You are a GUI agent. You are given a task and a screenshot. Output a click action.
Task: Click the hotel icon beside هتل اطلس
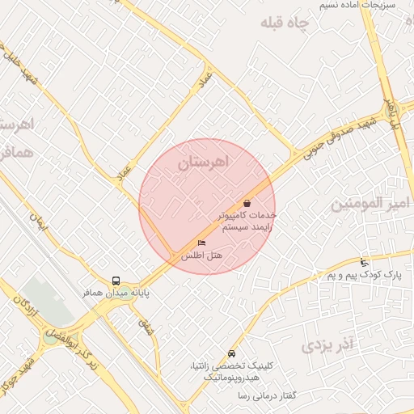[x=201, y=243]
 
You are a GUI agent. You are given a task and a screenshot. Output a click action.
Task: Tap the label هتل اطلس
[x=201, y=256]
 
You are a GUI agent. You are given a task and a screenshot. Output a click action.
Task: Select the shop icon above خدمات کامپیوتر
[x=247, y=203]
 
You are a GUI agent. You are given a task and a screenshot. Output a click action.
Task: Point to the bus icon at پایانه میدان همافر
[x=116, y=281]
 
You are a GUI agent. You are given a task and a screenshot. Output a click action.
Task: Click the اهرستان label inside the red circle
[x=203, y=163]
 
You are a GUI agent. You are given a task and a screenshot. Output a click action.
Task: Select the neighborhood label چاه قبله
[x=285, y=23]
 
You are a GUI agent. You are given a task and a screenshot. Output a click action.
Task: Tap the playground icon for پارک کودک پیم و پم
[x=364, y=262]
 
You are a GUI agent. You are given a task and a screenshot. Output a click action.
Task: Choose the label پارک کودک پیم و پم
[x=364, y=276]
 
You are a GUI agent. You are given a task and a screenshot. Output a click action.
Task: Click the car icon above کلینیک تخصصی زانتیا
[x=232, y=353]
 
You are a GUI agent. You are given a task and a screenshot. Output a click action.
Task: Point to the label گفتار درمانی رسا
[x=267, y=395]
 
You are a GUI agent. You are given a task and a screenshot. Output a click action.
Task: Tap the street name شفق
[x=146, y=327]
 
